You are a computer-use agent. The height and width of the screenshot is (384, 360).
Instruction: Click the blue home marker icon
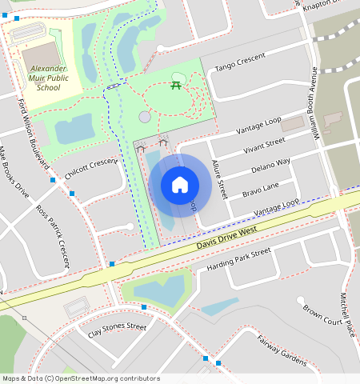coord(180,185)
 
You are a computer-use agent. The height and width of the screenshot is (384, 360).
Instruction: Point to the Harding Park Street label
coord(238,259)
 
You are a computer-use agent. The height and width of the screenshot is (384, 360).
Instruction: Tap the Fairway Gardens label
coord(281,350)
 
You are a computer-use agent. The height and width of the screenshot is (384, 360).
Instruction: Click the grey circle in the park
coord(145,117)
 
